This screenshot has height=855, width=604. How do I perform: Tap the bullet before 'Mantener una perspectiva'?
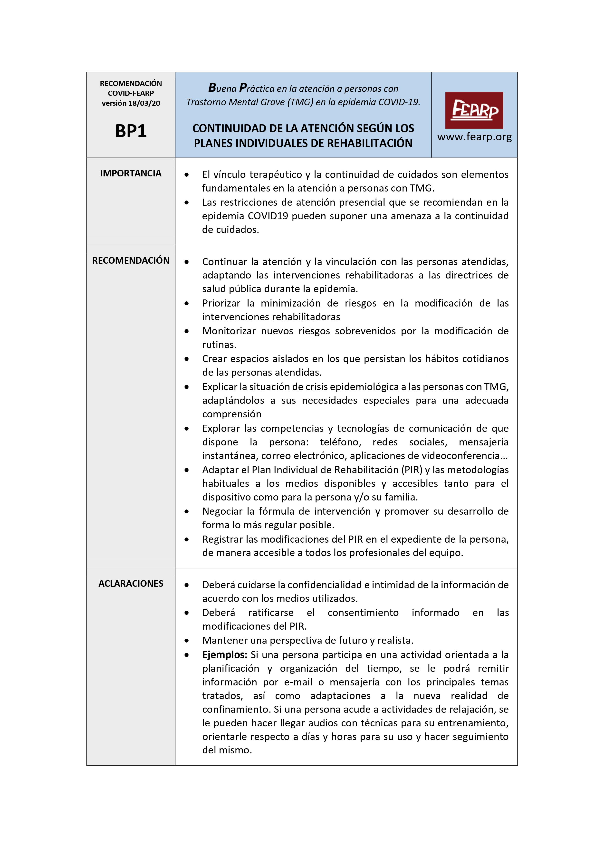[x=187, y=641]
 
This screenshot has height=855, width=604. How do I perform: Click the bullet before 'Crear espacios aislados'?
[x=187, y=359]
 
